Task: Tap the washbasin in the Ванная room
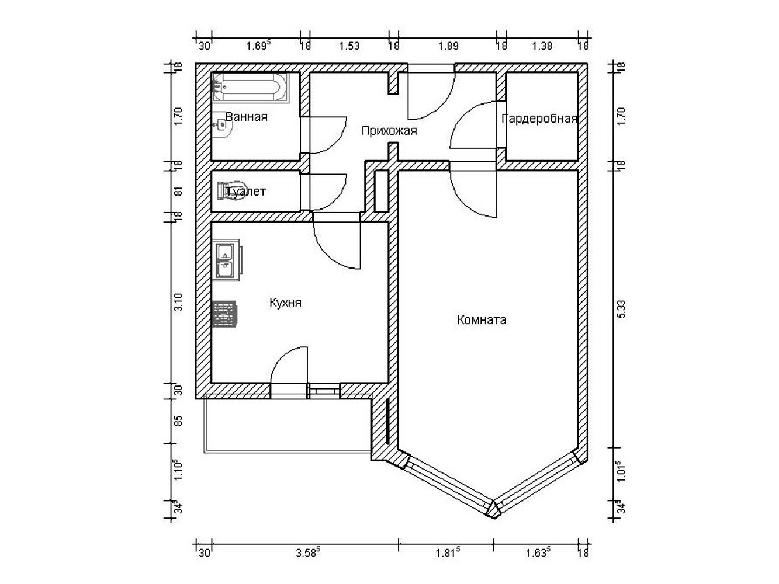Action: [x=221, y=124]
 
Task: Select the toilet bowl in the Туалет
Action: [x=224, y=190]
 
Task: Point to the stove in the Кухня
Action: [x=226, y=314]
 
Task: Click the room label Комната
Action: [x=482, y=320]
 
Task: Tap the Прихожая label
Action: [x=389, y=131]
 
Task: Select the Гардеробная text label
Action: [x=539, y=119]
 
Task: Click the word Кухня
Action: [x=285, y=303]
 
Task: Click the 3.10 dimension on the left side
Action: [x=179, y=302]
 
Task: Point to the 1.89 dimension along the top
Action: [x=448, y=46]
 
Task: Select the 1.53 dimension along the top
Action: [x=349, y=46]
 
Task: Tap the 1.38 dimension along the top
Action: [x=542, y=46]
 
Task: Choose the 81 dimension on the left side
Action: [x=179, y=191]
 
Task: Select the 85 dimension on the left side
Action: [x=179, y=420]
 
